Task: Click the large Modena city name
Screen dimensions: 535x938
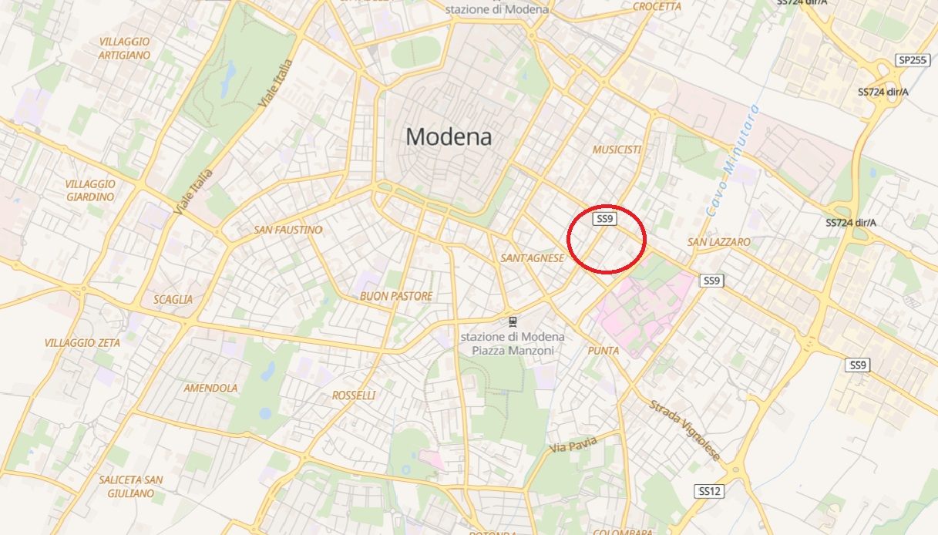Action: [x=449, y=137]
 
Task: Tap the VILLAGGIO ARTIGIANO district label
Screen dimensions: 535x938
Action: [x=124, y=48]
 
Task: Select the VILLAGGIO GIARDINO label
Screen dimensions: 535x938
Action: [x=90, y=190]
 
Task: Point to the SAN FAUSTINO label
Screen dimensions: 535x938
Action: [x=287, y=230]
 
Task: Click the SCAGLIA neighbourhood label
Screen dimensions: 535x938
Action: [x=173, y=299]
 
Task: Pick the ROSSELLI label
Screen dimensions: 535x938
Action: [x=354, y=395]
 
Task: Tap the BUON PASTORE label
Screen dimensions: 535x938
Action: [x=396, y=296]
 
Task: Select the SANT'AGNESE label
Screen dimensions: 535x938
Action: [x=532, y=258]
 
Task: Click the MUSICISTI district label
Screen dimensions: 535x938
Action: [x=617, y=150]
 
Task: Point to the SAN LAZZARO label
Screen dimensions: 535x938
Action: [x=718, y=242]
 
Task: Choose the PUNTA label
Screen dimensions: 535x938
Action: [x=603, y=351]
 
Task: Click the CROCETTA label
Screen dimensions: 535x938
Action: [x=657, y=7]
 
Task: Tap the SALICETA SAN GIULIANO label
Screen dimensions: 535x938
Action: [x=130, y=486]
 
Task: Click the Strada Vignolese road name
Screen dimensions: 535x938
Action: [x=684, y=430]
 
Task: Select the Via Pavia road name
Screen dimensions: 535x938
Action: [x=573, y=446]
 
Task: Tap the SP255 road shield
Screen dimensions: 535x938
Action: [x=913, y=60]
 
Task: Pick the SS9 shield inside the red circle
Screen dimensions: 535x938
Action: [x=605, y=219]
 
